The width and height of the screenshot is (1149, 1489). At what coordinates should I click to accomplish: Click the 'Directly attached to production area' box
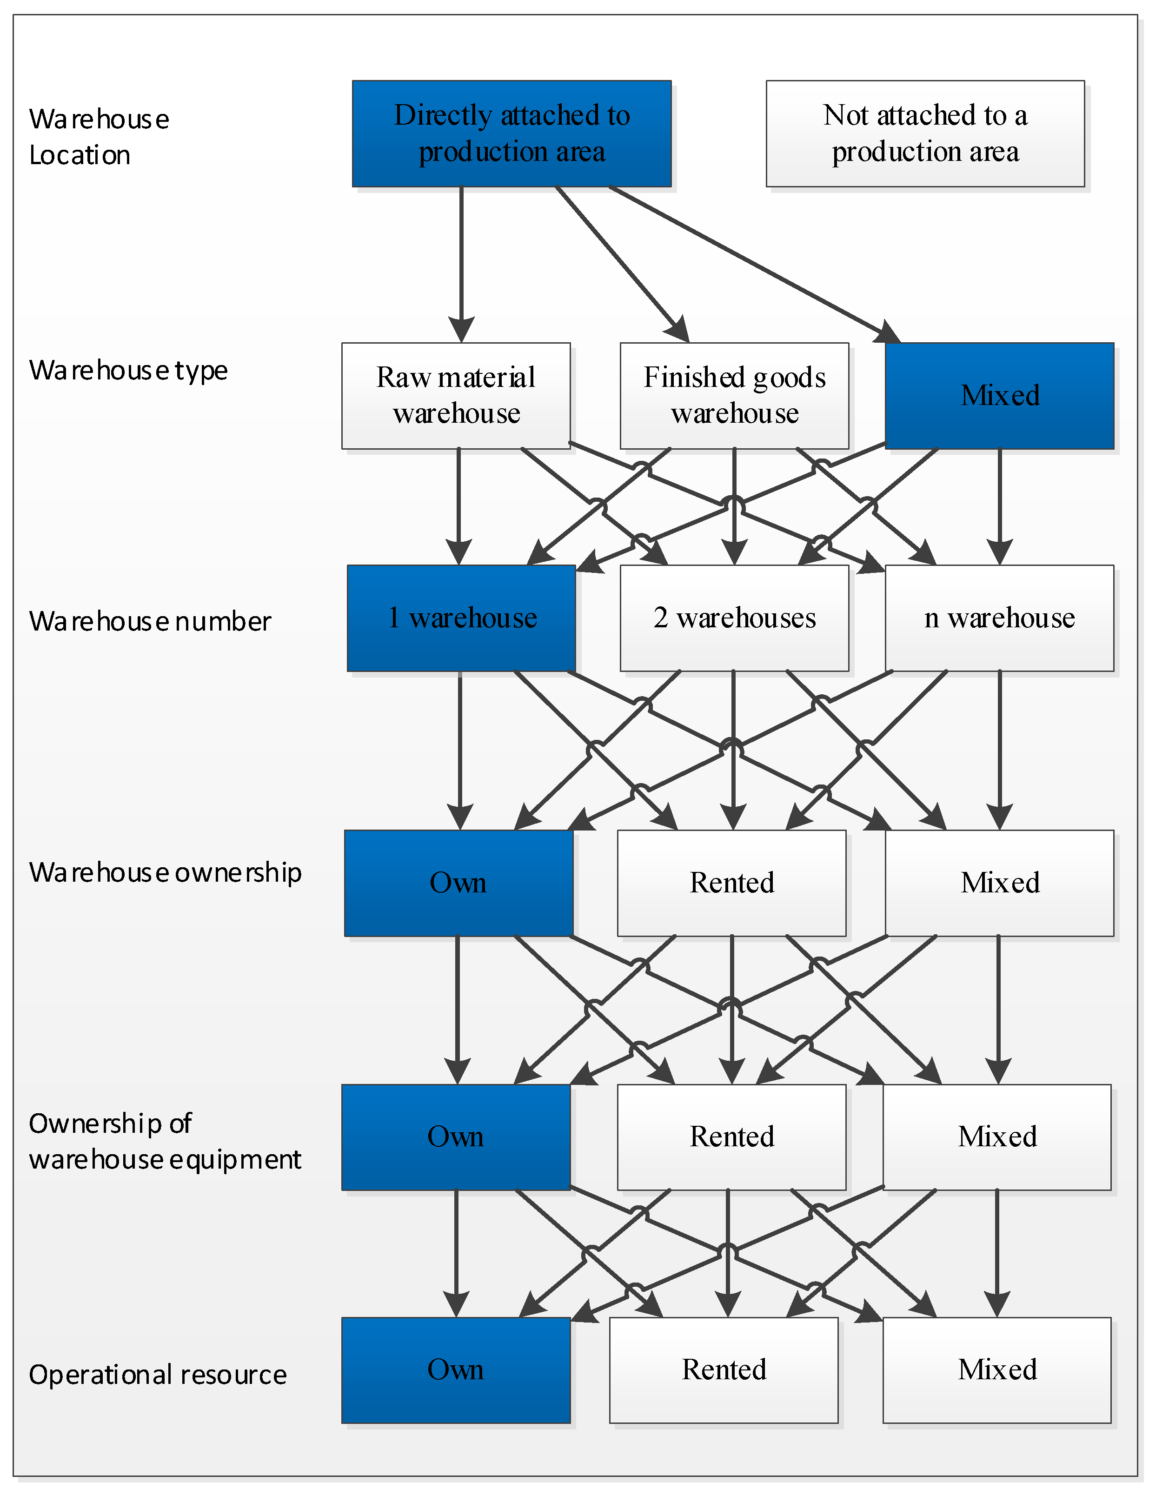click(x=511, y=133)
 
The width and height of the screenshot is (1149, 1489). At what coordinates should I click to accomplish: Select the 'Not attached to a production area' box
click(x=925, y=133)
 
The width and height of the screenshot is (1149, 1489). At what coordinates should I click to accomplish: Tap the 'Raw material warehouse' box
click(x=456, y=395)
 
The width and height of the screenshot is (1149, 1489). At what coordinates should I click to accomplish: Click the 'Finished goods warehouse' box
click(x=734, y=395)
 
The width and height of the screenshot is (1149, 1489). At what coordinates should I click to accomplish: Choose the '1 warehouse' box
click(x=461, y=618)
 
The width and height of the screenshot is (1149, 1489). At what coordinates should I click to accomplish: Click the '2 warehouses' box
click(x=734, y=618)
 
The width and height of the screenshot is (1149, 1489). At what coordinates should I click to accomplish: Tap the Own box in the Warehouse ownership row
click(x=458, y=883)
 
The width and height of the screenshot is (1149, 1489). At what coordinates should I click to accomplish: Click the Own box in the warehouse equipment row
click(x=456, y=1137)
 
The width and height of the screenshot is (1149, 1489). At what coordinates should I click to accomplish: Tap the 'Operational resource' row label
click(x=157, y=1375)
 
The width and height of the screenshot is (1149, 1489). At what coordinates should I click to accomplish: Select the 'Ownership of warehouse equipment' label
click(x=164, y=1141)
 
